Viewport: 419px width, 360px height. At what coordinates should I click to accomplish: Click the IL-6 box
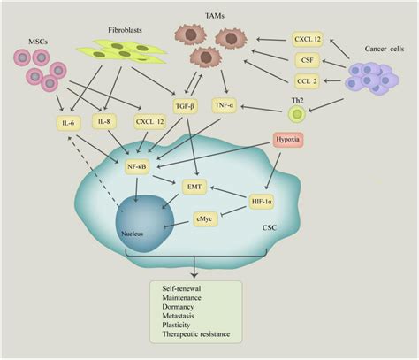[x=68, y=123]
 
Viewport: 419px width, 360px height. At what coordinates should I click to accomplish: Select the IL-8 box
[x=104, y=121]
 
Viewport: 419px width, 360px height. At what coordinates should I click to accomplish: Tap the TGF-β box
[x=185, y=106]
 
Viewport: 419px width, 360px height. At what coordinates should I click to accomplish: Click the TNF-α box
[x=225, y=105]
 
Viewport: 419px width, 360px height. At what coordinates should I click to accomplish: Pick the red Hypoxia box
[x=288, y=140]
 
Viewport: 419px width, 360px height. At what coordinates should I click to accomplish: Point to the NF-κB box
[x=137, y=166]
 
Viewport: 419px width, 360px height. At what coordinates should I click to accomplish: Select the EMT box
[x=194, y=187]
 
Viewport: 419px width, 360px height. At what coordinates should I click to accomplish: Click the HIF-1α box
[x=262, y=202]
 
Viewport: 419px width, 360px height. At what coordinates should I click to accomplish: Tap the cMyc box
[x=205, y=218]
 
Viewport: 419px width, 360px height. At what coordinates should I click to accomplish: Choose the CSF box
[x=308, y=60]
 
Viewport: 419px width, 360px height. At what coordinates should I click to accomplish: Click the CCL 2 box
[x=307, y=81]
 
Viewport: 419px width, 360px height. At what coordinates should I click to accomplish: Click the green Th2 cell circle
[x=297, y=114]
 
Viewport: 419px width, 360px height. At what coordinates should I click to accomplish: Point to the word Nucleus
[x=133, y=234]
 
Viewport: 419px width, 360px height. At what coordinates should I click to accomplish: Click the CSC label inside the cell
[x=270, y=227]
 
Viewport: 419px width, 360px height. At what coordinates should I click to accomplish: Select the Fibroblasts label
[x=125, y=30]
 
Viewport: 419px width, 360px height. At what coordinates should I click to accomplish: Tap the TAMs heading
[x=215, y=16]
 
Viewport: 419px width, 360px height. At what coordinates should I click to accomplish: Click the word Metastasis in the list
[x=178, y=316]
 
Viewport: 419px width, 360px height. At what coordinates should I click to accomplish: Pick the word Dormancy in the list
[x=178, y=307]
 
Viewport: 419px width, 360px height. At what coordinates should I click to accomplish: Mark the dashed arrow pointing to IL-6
[x=95, y=171]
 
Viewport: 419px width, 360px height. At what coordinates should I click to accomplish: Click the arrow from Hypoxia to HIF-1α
[x=273, y=171]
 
